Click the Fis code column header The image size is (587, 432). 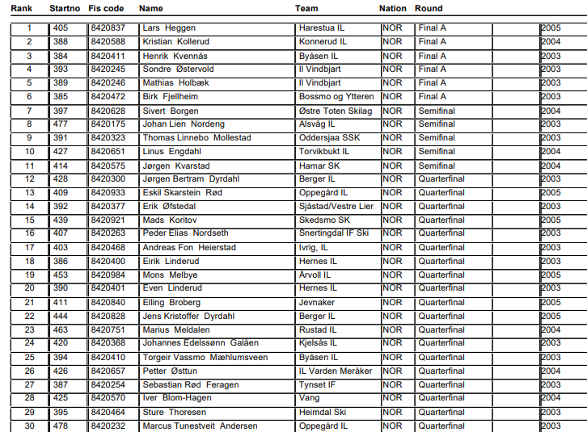(107, 9)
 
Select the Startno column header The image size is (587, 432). (64, 9)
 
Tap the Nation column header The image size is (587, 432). (393, 9)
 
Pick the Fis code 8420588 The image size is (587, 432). (108, 42)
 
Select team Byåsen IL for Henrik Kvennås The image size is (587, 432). (315, 56)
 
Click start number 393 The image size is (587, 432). (61, 69)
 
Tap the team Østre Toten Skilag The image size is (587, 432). (336, 111)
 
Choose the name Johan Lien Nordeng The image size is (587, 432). (184, 124)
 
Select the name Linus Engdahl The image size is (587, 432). (171, 152)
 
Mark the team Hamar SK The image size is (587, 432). (318, 166)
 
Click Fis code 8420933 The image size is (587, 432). (108, 193)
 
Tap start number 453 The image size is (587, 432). (61, 275)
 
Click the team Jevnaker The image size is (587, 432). (316, 302)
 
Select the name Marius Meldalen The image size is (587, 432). (175, 329)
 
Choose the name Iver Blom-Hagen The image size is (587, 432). (176, 398)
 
